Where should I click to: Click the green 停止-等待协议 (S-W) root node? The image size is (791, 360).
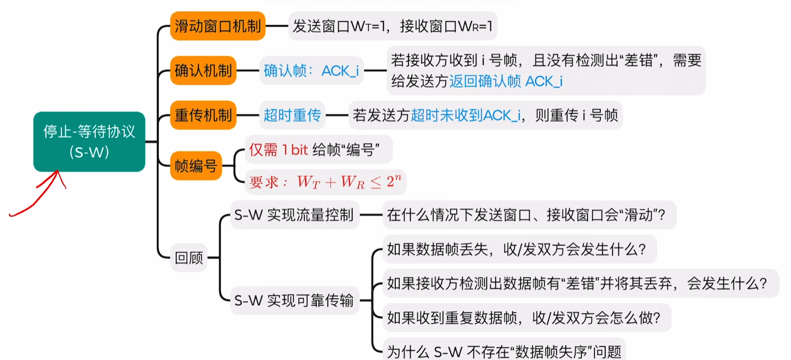tap(89, 142)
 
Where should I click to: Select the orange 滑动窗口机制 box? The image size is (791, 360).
tap(218, 26)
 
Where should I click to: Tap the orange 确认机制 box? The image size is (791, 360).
tap(203, 70)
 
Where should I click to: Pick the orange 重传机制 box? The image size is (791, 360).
tap(203, 115)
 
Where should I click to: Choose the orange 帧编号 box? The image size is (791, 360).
tap(196, 166)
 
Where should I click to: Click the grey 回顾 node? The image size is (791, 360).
tap(189, 258)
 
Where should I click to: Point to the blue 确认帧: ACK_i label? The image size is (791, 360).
tap(311, 71)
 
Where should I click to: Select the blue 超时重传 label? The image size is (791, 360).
tap(292, 115)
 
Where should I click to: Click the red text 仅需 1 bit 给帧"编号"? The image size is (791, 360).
tap(314, 150)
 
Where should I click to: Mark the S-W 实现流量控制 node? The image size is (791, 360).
tap(294, 215)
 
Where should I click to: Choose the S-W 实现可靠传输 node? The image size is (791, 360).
tap(294, 300)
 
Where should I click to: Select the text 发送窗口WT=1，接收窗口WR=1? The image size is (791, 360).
tap(392, 26)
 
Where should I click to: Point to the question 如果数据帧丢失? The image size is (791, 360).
tap(517, 249)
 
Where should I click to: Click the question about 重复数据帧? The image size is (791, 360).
tap(524, 317)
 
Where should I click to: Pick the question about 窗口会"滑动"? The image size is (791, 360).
tap(526, 215)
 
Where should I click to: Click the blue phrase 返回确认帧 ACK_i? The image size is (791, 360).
tap(506, 81)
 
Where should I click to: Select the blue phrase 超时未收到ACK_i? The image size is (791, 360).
tap(466, 115)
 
